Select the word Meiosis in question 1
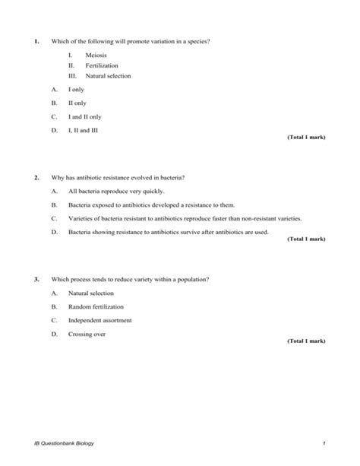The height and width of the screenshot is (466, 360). click(x=96, y=54)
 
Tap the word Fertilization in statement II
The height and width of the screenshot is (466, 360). click(x=102, y=65)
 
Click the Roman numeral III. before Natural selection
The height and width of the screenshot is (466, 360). click(x=73, y=76)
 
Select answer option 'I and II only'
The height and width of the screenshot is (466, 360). click(x=84, y=117)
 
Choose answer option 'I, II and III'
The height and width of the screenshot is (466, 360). click(x=84, y=130)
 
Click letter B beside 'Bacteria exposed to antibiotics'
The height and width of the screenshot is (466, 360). click(x=54, y=204)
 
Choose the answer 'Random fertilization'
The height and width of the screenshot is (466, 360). click(x=96, y=306)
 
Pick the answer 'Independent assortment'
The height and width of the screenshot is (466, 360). click(x=99, y=320)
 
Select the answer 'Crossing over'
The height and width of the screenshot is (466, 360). click(x=86, y=333)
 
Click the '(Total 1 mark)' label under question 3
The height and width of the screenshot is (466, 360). click(x=306, y=341)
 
